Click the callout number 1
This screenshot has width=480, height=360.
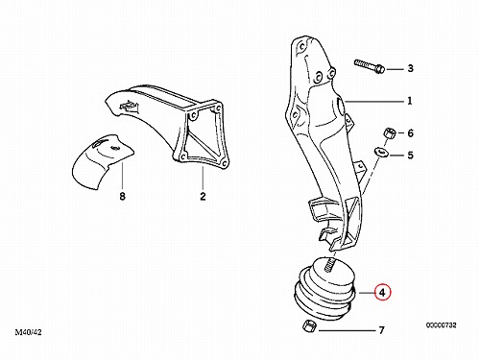pos(410,101)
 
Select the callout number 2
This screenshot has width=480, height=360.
pos(203,196)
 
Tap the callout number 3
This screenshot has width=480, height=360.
pos(410,68)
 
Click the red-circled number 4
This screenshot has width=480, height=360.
pos(383,292)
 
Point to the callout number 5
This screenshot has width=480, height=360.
pos(410,156)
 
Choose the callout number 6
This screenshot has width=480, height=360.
pos(410,133)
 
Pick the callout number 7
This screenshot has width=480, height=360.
pos(381,330)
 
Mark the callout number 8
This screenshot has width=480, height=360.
pos(122,196)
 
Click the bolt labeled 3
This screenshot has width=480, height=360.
pos(370,66)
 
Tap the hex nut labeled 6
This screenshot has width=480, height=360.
pos(389,132)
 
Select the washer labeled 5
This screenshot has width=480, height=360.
pos(381,152)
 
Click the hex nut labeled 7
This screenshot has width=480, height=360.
pos(309,326)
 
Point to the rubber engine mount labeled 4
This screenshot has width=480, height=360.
pos(324,290)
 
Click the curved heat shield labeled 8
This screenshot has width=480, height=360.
pos(101,160)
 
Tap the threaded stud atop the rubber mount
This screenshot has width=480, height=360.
pos(329,263)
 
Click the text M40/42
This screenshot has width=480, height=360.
pos(28,332)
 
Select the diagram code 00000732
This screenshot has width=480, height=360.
pos(441,325)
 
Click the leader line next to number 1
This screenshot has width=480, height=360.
pos(374,102)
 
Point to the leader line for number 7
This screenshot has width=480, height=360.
pos(347,330)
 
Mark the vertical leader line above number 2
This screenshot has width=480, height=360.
pos(203,178)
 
